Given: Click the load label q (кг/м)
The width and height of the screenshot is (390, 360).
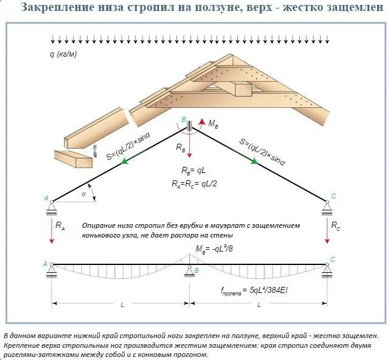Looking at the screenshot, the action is tap(63, 54).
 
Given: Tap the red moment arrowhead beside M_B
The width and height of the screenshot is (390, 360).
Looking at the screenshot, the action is tap(202, 122).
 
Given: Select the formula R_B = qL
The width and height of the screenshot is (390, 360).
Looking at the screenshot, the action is tap(193, 171).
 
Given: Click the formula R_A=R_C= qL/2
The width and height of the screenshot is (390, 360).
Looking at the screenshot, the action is tap(194, 184).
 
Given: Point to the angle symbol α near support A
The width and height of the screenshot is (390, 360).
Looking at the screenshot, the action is tap(83, 194).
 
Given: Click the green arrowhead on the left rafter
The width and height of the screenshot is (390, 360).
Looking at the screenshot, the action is tap(125, 161).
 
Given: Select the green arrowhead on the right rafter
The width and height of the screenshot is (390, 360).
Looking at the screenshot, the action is tap(254, 161).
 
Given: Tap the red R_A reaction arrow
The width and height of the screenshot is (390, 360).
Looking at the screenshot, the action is tap(52, 230).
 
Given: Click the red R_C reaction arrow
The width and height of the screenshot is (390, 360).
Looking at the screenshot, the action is tap(327, 230).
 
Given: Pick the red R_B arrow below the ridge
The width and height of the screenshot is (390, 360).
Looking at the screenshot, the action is tap(190, 144).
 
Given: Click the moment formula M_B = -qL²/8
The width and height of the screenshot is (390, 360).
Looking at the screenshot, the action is tap(214, 249).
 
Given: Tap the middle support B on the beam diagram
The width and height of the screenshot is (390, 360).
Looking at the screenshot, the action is tap(190, 271).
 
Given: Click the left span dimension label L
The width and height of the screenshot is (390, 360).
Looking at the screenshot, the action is tap(122, 305).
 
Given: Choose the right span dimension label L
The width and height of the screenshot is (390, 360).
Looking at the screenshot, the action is tap(259, 305).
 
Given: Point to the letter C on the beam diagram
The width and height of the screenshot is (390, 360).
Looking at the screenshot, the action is tap(333, 259).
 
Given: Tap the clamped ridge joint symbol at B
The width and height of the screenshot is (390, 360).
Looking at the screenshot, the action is tap(190, 125).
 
